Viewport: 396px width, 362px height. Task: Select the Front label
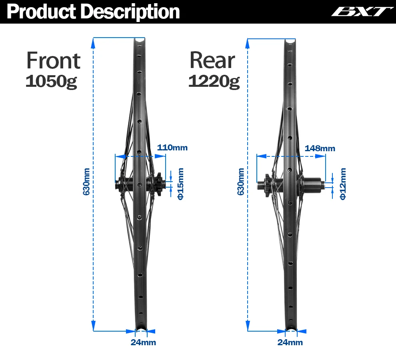(53, 61)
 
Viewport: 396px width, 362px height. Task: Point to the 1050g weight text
(51, 81)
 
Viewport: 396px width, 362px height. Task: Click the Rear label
(212, 61)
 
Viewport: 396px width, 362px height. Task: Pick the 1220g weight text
(214, 81)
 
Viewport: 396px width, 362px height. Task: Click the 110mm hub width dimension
(172, 148)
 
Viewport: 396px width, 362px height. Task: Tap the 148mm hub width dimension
(320, 148)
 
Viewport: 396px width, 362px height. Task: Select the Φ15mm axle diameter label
(180, 184)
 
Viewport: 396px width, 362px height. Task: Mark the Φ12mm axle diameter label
(342, 184)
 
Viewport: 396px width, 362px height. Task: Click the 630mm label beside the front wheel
(86, 182)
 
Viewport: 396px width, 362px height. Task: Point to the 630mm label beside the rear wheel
(241, 182)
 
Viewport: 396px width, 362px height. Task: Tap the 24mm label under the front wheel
(143, 342)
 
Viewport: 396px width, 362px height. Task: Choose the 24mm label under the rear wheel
(290, 342)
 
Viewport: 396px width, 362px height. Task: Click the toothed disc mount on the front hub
(158, 184)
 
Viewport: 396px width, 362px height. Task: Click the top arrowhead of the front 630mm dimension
(94, 40)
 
